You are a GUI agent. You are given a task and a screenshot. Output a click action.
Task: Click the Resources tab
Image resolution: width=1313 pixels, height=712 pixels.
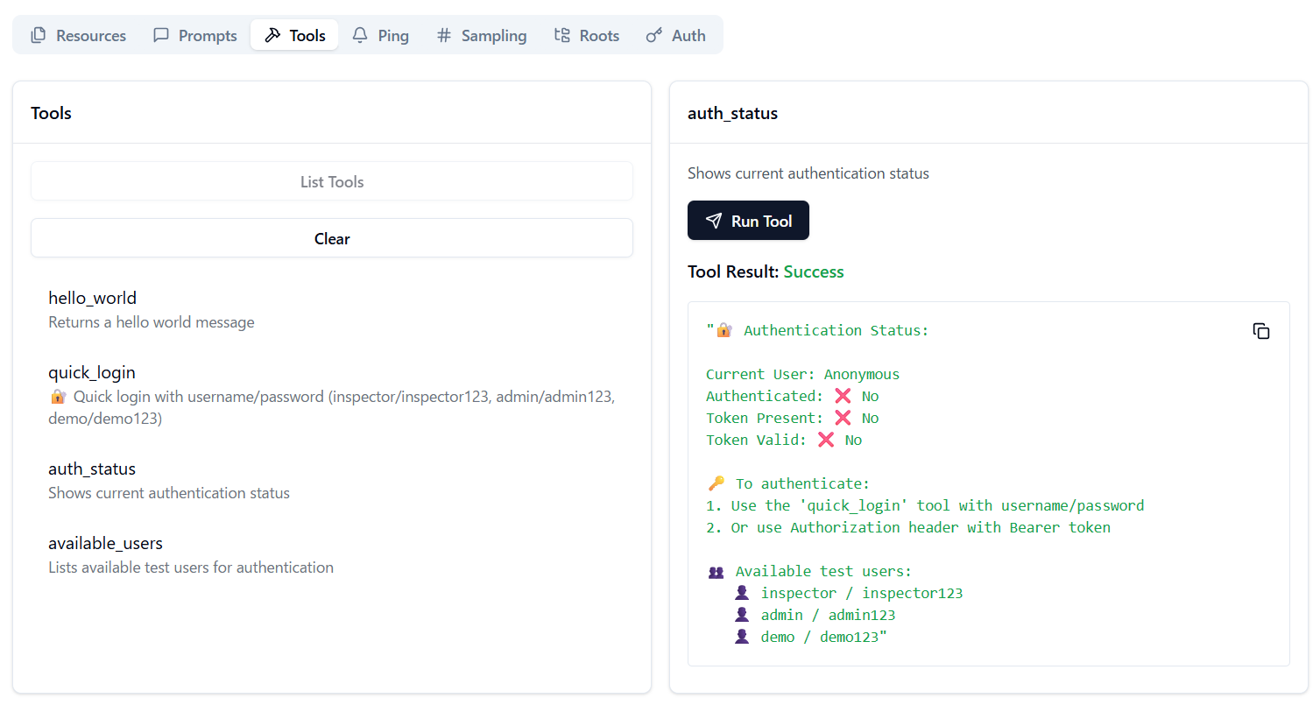point(78,35)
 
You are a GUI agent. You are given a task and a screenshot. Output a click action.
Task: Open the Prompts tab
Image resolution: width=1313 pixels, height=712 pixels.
point(194,35)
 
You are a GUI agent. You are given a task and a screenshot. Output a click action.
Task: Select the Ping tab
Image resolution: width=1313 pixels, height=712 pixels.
point(380,35)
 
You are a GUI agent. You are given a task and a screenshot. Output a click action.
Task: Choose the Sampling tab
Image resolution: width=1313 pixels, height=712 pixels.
point(482,35)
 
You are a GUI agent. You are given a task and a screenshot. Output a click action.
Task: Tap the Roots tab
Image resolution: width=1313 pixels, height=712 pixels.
point(587,35)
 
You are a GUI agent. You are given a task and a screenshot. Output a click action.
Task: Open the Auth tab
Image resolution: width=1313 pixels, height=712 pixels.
point(676,35)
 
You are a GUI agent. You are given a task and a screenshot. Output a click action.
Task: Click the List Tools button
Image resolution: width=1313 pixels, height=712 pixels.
point(332,181)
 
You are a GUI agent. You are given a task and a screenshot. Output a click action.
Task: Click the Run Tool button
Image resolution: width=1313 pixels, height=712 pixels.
point(748,221)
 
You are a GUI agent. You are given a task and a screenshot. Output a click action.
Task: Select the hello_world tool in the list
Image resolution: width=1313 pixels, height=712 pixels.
point(92,298)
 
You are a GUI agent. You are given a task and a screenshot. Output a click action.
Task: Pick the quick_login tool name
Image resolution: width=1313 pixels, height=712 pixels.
point(91,372)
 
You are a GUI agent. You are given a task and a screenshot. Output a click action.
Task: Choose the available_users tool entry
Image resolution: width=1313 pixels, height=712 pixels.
point(105,543)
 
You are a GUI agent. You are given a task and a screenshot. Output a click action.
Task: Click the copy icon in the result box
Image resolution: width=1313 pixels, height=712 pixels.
point(1260,331)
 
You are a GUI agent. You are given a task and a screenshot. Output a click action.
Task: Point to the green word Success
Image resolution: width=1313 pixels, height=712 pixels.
point(814,271)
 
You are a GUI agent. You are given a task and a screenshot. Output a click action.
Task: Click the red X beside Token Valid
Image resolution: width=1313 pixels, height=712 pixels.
point(826,440)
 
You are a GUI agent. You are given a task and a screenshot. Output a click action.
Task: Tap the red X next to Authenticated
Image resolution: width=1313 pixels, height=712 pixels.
point(843,396)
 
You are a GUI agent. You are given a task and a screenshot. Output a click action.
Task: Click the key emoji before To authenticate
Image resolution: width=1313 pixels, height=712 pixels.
point(717,483)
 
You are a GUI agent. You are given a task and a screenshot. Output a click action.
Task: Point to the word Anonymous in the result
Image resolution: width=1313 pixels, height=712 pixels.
point(862,375)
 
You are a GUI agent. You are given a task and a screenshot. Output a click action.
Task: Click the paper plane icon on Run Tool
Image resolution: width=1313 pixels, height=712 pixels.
point(713,221)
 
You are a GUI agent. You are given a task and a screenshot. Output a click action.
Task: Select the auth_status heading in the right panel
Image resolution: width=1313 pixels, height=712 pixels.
point(732,113)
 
